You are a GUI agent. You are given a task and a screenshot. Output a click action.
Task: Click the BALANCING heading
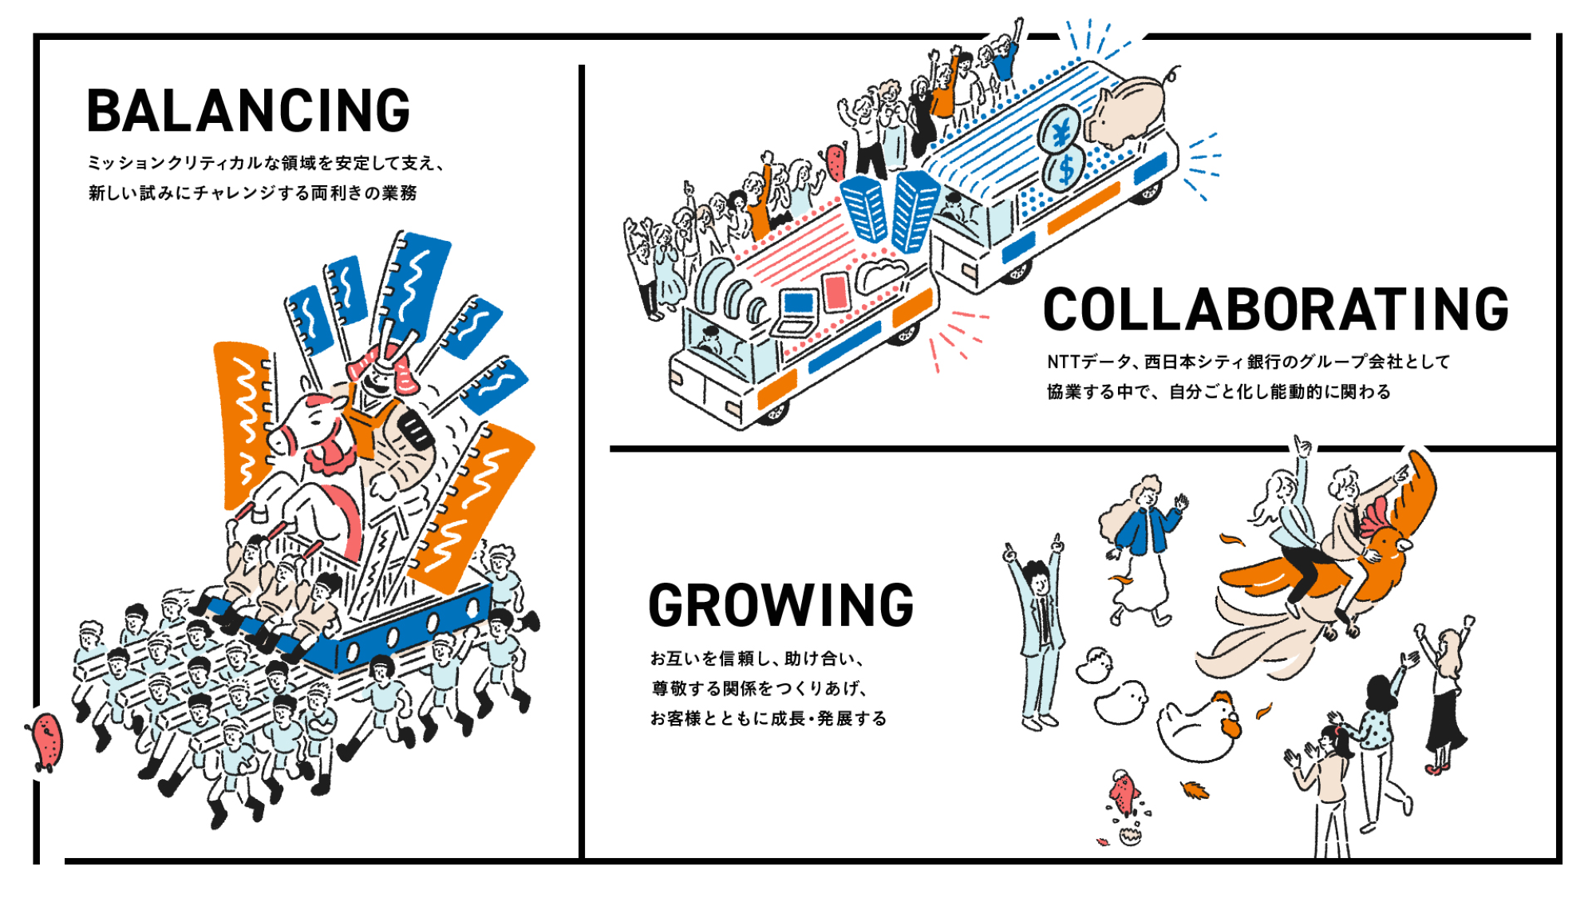248,111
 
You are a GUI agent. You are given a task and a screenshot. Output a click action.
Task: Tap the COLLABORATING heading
1275,310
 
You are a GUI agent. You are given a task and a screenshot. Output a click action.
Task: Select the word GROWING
780,606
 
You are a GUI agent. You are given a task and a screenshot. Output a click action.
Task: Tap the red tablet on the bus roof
836,291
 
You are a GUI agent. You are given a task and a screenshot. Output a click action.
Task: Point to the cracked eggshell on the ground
1130,835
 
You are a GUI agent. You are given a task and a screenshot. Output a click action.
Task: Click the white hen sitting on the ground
1197,726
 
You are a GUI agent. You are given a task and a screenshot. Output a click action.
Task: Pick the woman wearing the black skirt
1446,694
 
